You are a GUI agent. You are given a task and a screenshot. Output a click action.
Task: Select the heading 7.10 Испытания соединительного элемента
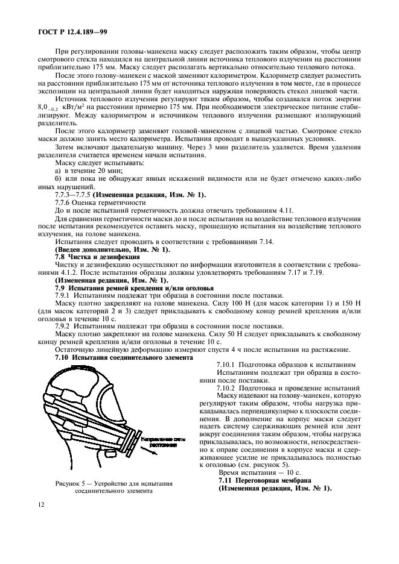tap(124, 357)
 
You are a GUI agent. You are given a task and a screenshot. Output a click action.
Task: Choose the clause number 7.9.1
tap(63, 295)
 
